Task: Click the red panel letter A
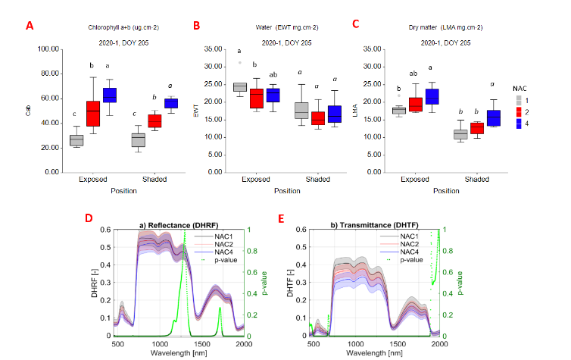30,26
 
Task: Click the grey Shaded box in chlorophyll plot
137,139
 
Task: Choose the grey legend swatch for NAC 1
516,99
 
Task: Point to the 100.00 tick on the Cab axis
49,49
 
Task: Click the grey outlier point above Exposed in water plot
240,63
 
